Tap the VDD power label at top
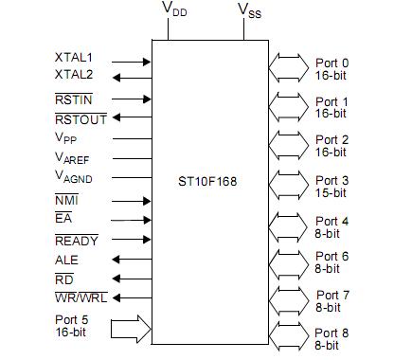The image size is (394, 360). coord(174,10)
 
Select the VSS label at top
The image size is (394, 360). coord(249,10)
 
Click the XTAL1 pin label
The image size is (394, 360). coord(74,58)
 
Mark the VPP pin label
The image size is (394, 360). coord(67,138)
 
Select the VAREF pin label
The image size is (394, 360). coord(74,158)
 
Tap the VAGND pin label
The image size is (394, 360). coord(74,178)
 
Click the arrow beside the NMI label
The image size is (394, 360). coord(133,200)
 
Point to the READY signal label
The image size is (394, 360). coord(77,241)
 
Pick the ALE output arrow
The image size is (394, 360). coord(133,259)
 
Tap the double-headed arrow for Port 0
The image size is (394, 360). coord(289,66)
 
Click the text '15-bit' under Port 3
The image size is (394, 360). coord(331,189)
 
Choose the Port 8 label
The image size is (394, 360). coord(331,330)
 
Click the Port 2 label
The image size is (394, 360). coord(331,138)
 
